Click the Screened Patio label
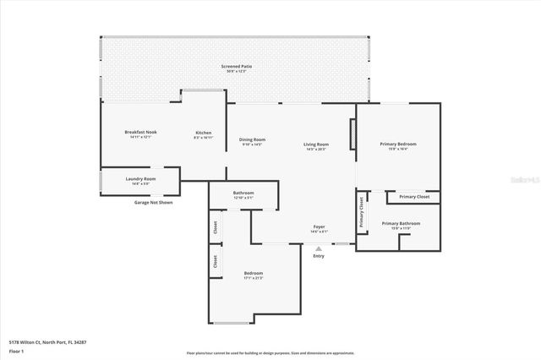point(237,68)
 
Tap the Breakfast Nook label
point(140,134)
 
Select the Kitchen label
point(203,134)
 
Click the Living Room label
point(316,146)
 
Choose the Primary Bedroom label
point(398,145)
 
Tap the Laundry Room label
point(140,180)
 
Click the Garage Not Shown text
point(153,203)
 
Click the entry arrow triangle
point(318,248)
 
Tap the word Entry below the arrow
point(318,256)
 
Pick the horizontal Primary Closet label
point(414,197)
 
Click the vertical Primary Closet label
point(362,213)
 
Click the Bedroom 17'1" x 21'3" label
point(254,275)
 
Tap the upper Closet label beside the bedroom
point(216,226)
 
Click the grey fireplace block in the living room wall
point(352,134)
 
